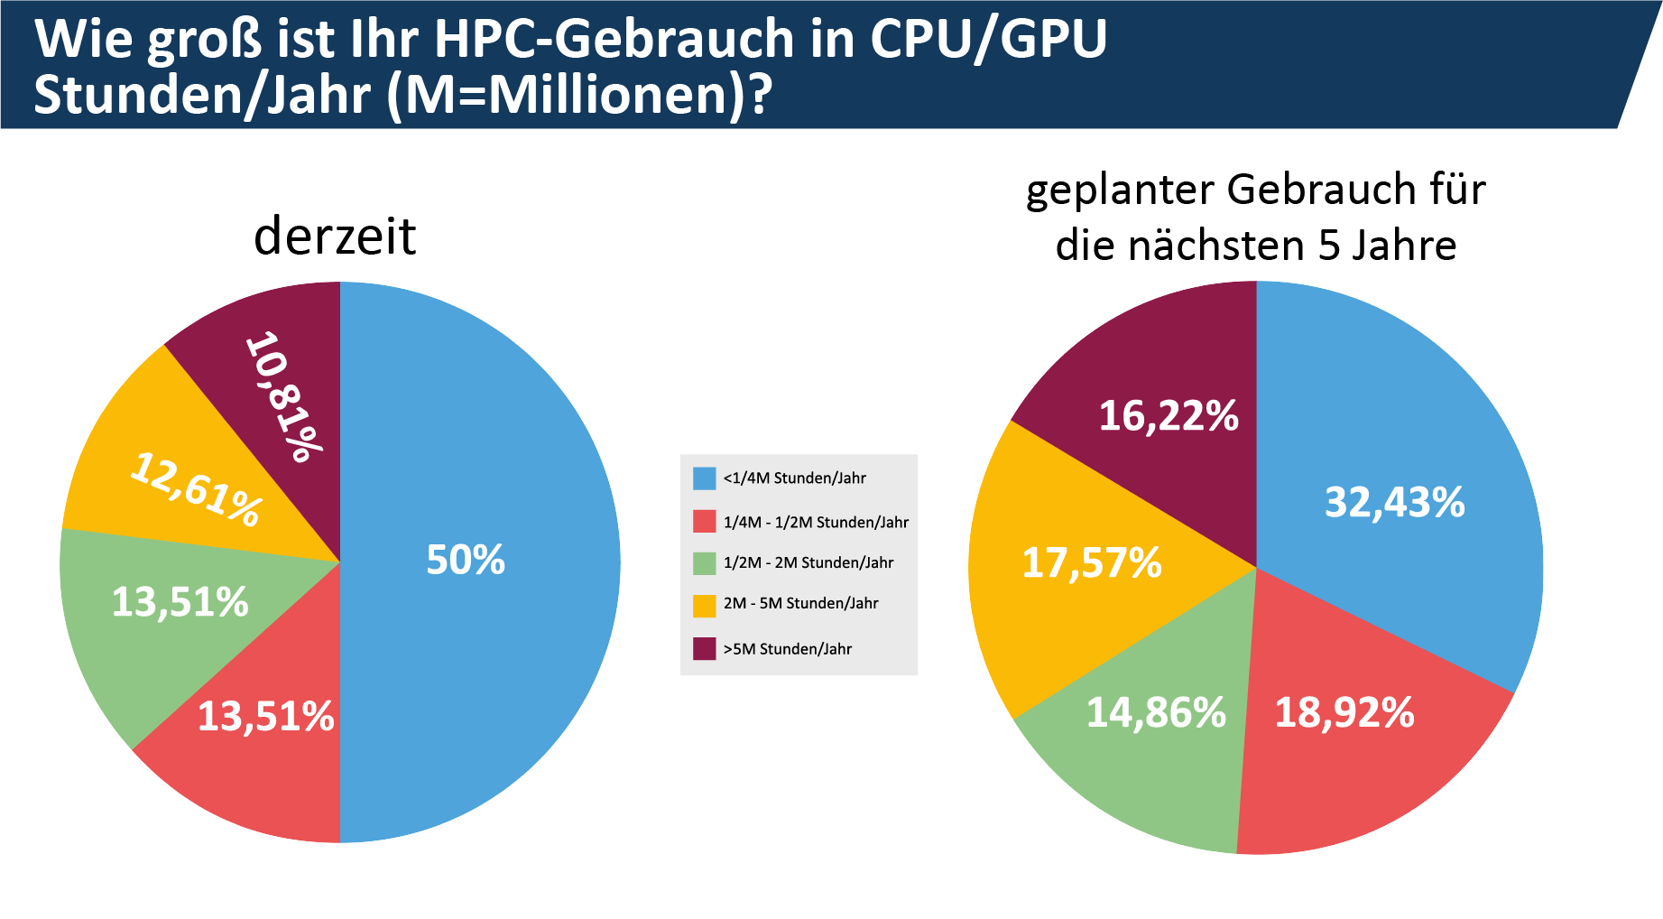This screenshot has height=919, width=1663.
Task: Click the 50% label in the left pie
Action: click(465, 561)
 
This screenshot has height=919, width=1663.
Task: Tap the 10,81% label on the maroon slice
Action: click(283, 397)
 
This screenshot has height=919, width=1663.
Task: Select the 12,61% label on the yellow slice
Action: click(197, 489)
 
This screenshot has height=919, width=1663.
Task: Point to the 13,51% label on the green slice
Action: click(180, 602)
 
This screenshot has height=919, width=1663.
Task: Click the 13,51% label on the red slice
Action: click(266, 717)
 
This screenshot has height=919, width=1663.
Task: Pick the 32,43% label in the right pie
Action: click(1394, 503)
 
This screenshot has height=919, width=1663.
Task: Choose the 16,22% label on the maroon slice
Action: click(1169, 416)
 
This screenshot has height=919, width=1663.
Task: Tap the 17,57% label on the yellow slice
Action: click(1092, 563)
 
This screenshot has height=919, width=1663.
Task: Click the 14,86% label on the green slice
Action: click(1156, 713)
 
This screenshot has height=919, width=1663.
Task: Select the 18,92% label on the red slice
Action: click(1344, 713)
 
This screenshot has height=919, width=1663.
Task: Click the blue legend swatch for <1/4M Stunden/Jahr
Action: click(704, 478)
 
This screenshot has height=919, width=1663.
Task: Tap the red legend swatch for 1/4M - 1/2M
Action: click(704, 522)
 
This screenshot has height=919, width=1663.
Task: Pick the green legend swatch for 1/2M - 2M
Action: click(704, 563)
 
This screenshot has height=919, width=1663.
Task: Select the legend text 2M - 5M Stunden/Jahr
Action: click(800, 603)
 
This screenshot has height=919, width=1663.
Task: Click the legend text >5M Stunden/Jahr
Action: click(787, 649)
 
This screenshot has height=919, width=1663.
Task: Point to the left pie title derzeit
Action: click(335, 237)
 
